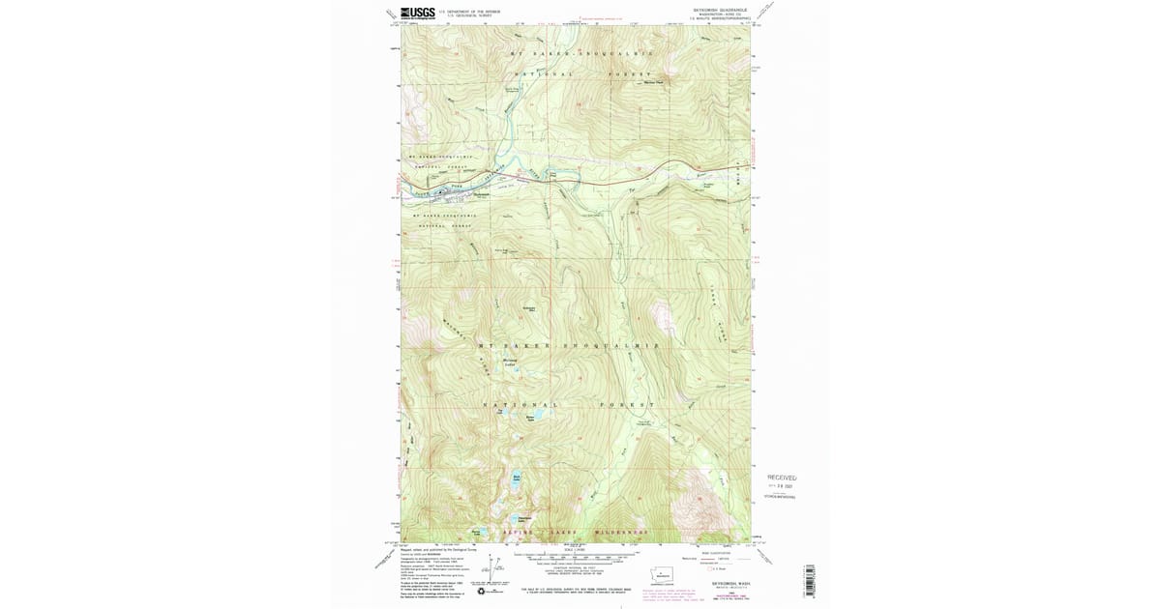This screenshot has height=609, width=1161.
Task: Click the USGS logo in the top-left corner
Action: point(418,13)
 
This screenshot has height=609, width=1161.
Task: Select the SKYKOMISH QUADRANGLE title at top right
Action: point(720,11)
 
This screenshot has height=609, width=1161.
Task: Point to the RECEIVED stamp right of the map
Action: point(782,478)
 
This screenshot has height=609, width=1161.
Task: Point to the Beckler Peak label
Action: point(654,82)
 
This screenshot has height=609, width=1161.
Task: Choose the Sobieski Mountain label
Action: point(529,308)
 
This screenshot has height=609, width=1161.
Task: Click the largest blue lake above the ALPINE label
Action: point(518,478)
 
